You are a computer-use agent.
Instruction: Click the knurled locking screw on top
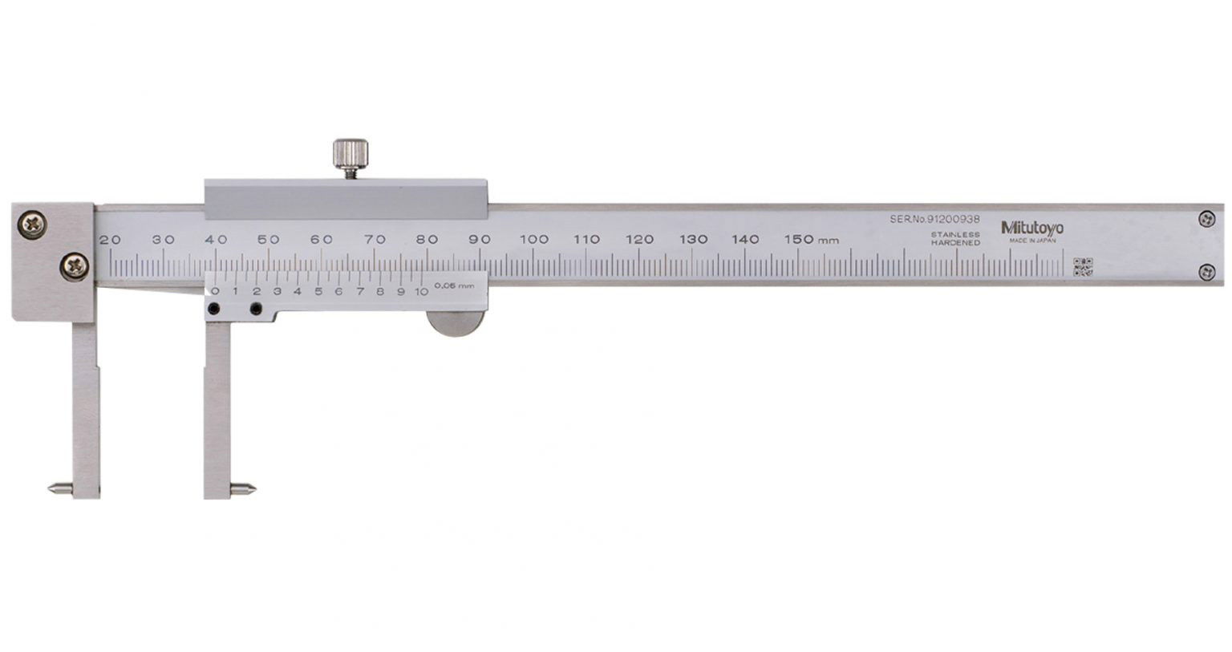[351, 152]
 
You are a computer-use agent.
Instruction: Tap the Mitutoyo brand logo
[1032, 228]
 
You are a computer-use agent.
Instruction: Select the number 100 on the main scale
[533, 239]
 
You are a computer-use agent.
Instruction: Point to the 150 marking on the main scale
[798, 239]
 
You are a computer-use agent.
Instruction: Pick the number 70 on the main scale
[375, 239]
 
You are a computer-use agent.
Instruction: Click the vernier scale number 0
[215, 292]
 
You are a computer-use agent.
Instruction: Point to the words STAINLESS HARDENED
[954, 238]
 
